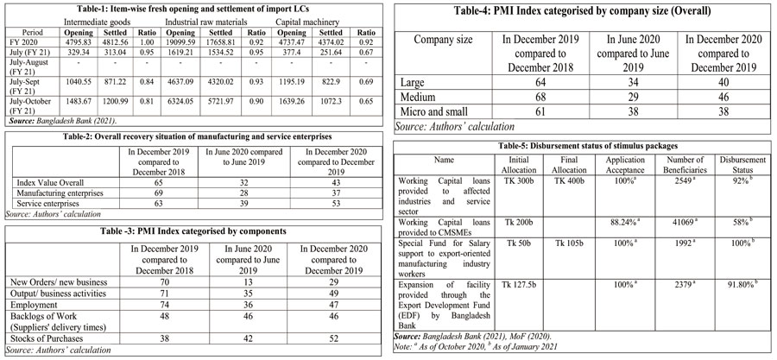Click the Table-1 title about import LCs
(191, 9)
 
